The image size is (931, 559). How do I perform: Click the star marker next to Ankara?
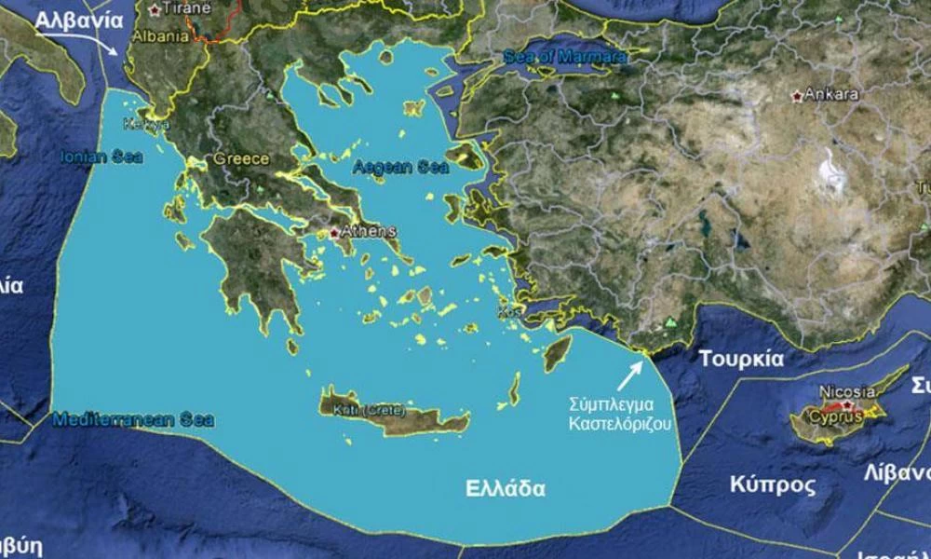point(796,95)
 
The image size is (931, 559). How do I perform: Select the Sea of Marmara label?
point(565,56)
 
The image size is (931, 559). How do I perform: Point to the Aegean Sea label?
point(400,168)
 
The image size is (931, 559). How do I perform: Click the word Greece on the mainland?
point(241,158)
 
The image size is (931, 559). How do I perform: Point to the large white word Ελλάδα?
point(506,487)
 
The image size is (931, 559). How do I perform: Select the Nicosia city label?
point(847,391)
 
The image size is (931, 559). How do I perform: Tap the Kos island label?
point(508,311)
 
